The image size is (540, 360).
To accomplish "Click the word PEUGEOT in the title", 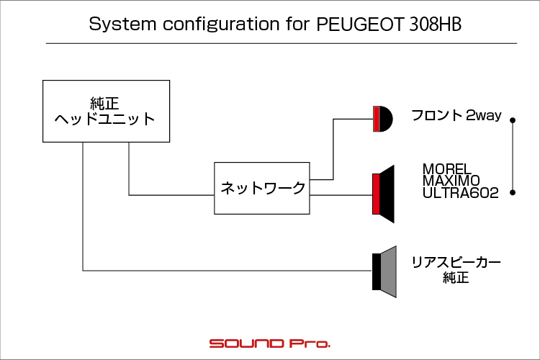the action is point(360,24).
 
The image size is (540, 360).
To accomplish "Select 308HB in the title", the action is point(436,24).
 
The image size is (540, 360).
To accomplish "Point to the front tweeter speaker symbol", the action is point(382,119).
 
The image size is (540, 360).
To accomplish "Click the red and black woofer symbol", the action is point(383,194).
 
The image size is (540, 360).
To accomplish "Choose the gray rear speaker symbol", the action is point(384,271).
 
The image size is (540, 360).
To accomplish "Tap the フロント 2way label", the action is point(456,115).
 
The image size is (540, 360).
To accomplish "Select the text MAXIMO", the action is point(451,181).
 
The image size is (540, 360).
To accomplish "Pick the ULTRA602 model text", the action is point(461,192).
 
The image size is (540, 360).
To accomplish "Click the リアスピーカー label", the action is point(456,263).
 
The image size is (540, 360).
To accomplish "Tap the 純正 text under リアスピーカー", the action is point(456,278).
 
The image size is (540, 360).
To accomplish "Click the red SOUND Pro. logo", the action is point(270,343).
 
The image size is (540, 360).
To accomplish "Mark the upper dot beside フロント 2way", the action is point(513,120).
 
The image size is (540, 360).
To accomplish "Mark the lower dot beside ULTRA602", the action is point(513,192).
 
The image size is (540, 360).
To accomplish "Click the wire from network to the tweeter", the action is point(333,149).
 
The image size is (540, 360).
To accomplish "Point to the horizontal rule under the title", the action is point(282,43).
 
